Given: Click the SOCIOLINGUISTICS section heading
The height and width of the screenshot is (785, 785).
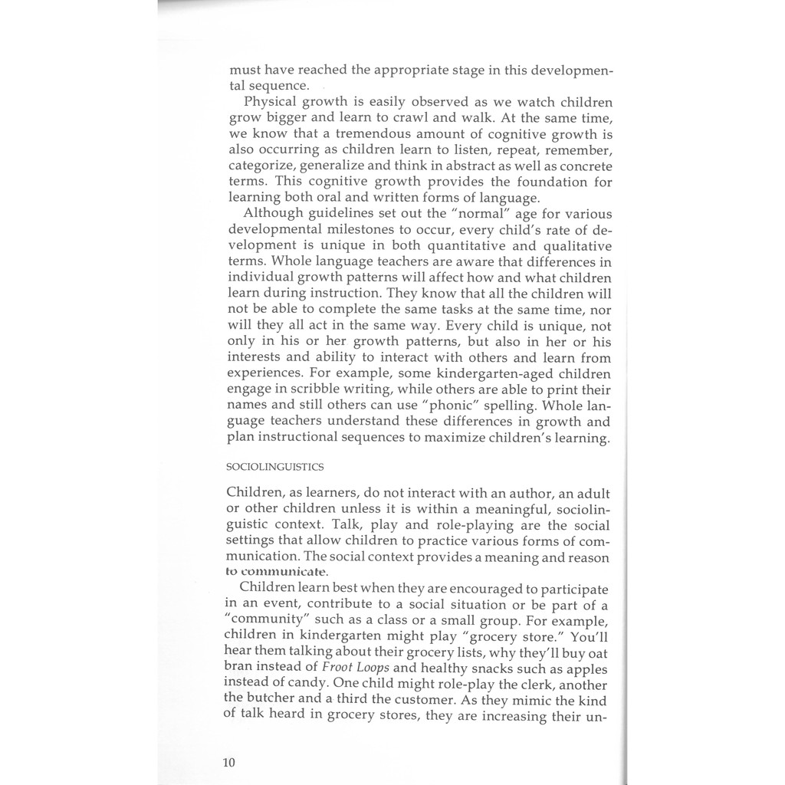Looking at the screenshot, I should pyautogui.click(x=275, y=466).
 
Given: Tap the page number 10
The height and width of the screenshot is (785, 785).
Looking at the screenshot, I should pyautogui.click(x=229, y=762).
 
